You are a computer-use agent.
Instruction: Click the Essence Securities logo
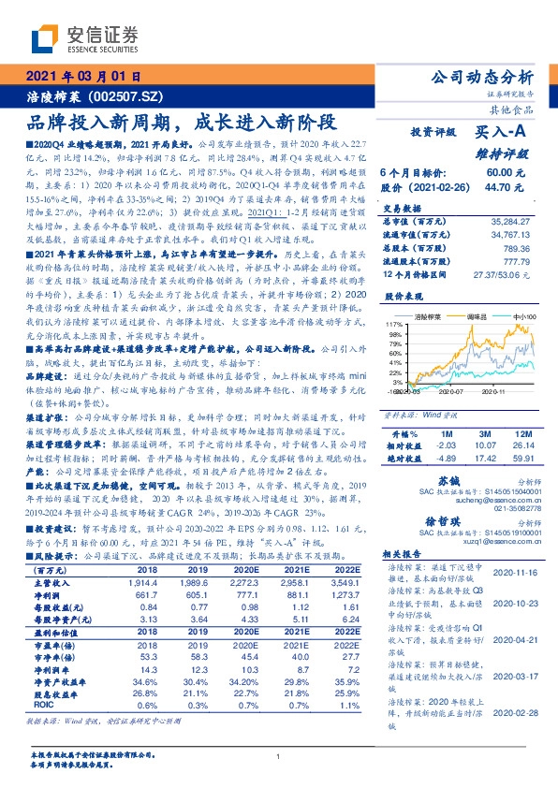click(84, 40)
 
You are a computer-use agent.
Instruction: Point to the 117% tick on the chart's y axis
click(392, 323)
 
